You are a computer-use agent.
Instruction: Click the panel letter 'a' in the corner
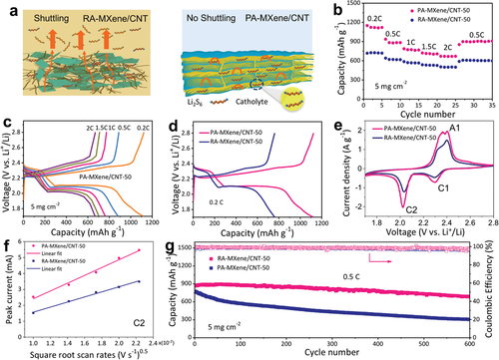pyautogui.click(x=9, y=8)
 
